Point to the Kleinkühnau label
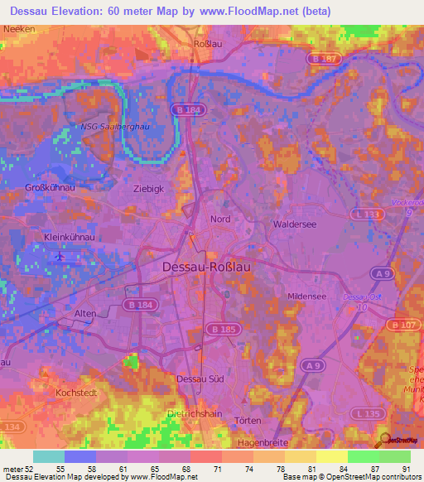point(66,238)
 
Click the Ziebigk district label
point(149,189)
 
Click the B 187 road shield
point(325,59)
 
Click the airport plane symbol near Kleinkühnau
point(59,257)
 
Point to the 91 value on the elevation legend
point(405,469)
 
